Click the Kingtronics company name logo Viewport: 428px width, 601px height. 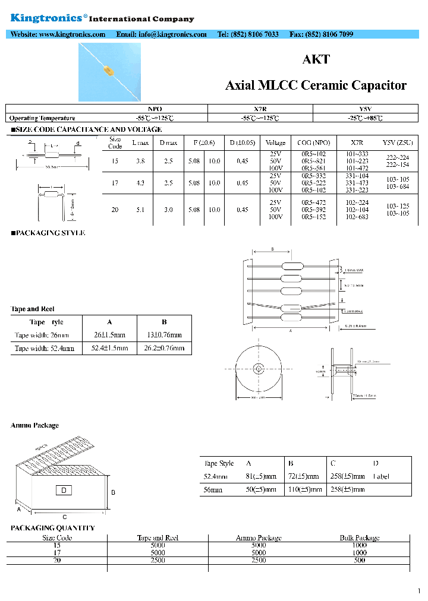pyautogui.click(x=48, y=18)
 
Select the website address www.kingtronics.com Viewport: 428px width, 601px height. pyautogui.click(x=72, y=34)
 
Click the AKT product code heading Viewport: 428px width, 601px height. pyautogui.click(x=316, y=59)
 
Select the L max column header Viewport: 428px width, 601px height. pyautogui.click(x=140, y=143)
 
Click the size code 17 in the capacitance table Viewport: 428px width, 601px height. pyautogui.click(x=115, y=184)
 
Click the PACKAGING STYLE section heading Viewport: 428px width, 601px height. pyautogui.click(x=48, y=233)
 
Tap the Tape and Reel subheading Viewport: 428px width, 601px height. pyautogui.click(x=33, y=309)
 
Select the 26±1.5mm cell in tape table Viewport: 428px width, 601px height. pyautogui.click(x=109, y=335)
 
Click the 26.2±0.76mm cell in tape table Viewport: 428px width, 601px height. pyautogui.click(x=164, y=348)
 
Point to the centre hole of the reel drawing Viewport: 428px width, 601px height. pyautogui.click(x=259, y=367)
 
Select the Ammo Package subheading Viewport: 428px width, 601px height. pyautogui.click(x=34, y=425)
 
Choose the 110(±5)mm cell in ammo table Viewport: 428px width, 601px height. pyautogui.click(x=305, y=489)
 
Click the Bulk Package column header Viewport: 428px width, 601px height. pyautogui.click(x=359, y=537)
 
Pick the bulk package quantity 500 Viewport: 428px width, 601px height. pyautogui.click(x=359, y=560)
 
